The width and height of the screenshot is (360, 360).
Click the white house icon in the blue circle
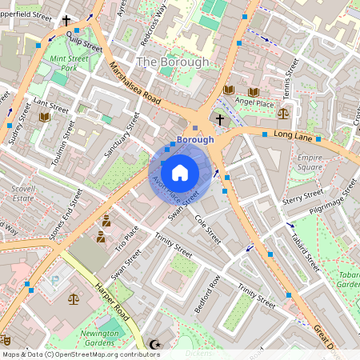(180, 172)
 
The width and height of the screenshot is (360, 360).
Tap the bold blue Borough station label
(195, 139)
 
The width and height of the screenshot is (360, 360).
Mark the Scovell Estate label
(22, 192)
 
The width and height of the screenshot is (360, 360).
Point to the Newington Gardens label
(102, 337)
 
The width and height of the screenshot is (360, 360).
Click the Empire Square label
(310, 162)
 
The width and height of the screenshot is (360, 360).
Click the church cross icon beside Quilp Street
(66, 21)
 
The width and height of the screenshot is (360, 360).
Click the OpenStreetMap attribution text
(81, 354)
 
